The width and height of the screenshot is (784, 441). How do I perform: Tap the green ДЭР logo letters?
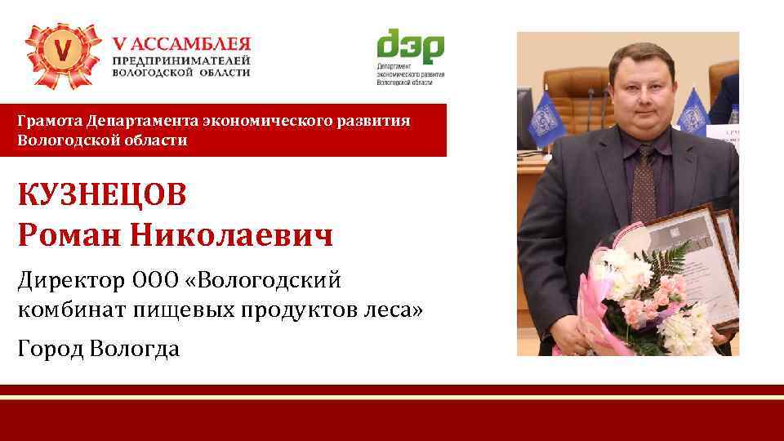409,47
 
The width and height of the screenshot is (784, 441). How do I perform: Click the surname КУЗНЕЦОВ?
102,196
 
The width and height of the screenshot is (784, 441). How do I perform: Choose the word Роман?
60,236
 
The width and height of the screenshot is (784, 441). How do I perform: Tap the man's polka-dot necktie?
643,185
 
